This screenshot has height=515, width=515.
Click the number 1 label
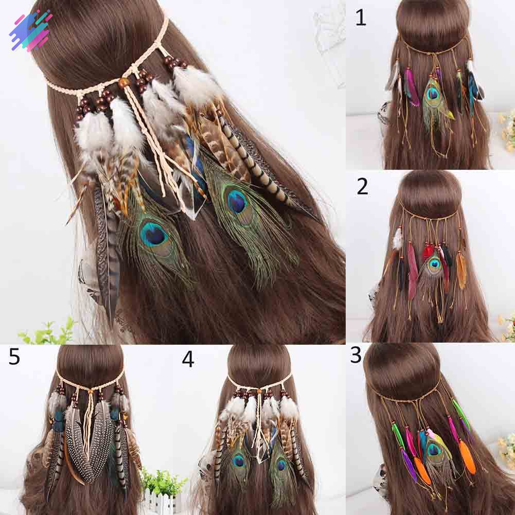[x=361, y=18]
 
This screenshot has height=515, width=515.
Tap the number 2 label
[x=362, y=187]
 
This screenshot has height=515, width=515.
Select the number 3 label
[x=356, y=356]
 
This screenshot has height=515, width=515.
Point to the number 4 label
[x=188, y=359]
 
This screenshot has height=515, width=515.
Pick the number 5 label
[x=14, y=357]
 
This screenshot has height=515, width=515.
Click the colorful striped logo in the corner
[x=30, y=30]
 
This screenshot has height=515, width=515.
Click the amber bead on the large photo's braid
[x=123, y=83]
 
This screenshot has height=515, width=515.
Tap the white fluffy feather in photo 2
[x=398, y=238]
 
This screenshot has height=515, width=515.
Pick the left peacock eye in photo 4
[x=239, y=460]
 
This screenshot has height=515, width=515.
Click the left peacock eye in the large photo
[x=153, y=234]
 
